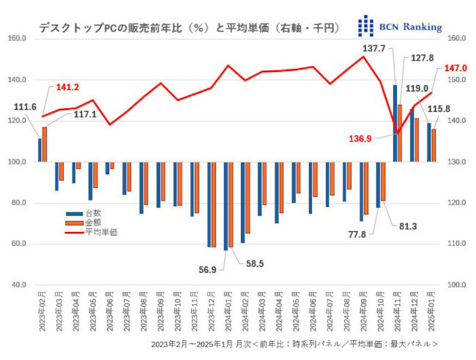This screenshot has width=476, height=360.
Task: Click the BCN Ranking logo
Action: pyautogui.click(x=399, y=26)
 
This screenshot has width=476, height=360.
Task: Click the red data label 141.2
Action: pyautogui.click(x=67, y=87)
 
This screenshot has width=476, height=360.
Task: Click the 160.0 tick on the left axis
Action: pyautogui.click(x=17, y=38)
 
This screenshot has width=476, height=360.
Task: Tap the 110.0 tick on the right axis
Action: pyautogui.click(x=458, y=244)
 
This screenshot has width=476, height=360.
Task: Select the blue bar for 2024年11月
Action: pyautogui.click(x=395, y=123)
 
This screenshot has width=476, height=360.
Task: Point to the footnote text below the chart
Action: pyautogui.click(x=293, y=344)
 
